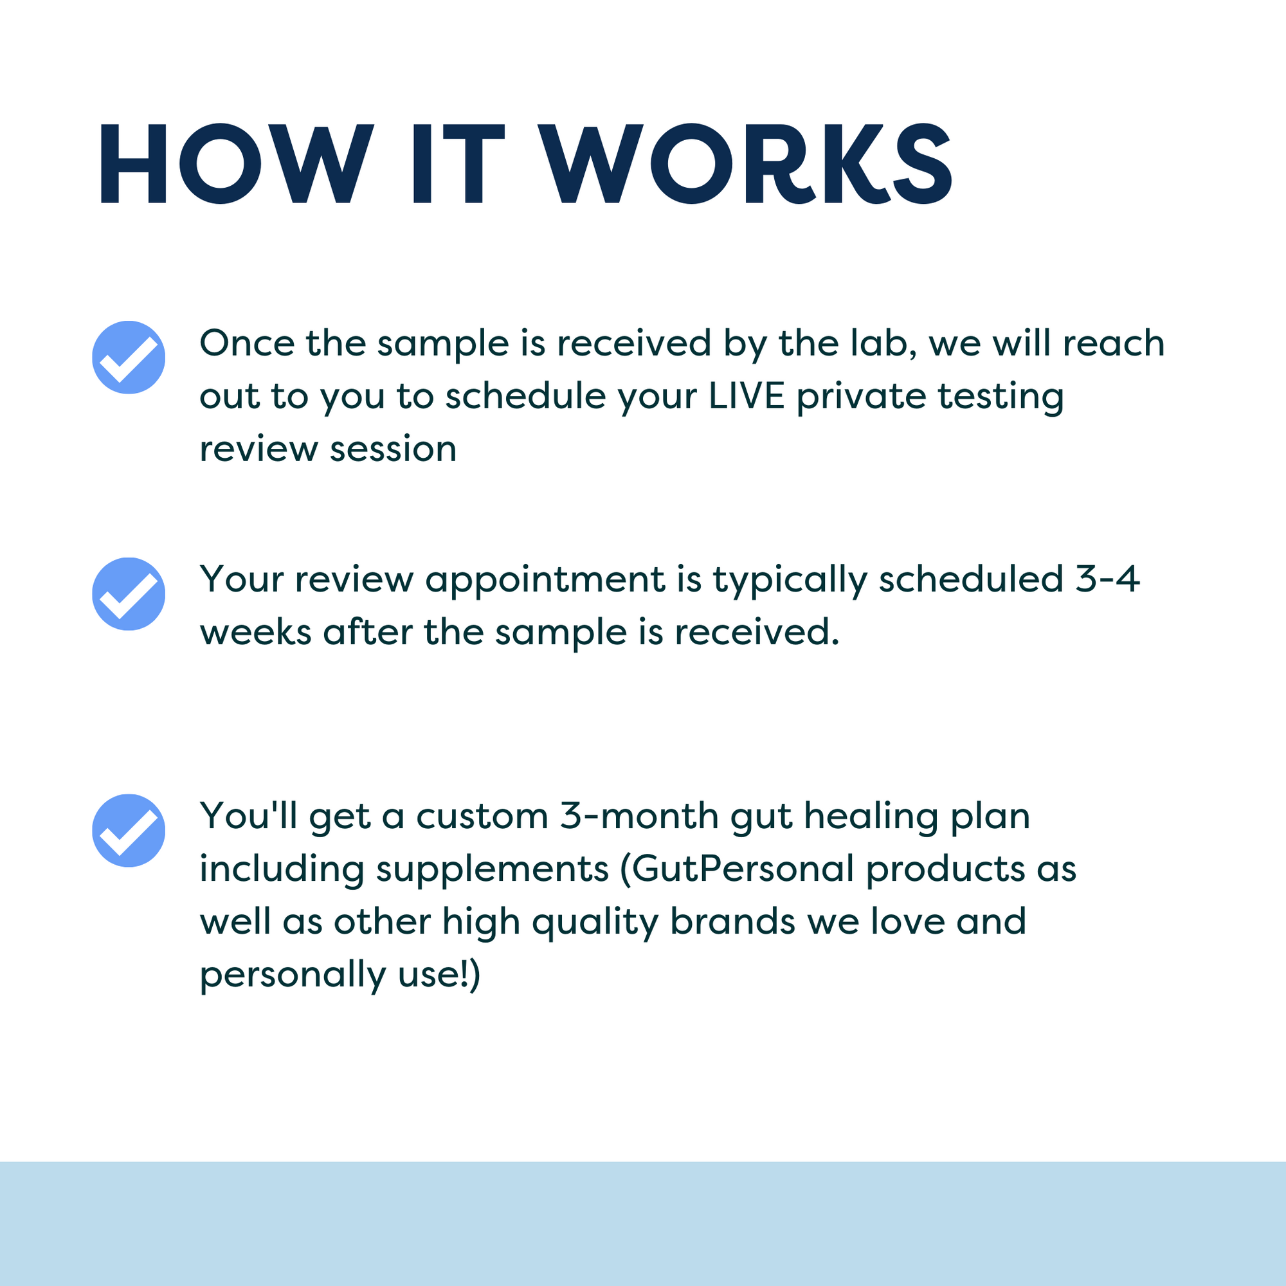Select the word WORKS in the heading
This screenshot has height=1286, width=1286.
click(745, 164)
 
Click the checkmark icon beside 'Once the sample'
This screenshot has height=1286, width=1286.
click(129, 358)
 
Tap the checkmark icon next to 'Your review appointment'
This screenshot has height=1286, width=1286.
click(129, 593)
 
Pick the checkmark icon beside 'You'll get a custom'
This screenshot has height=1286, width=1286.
click(129, 830)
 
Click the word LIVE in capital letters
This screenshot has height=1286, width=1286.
click(746, 396)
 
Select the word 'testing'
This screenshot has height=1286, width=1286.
click(1001, 397)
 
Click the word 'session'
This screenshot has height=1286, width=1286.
click(393, 449)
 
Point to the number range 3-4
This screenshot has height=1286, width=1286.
click(1108, 579)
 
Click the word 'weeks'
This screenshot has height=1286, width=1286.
click(256, 631)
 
